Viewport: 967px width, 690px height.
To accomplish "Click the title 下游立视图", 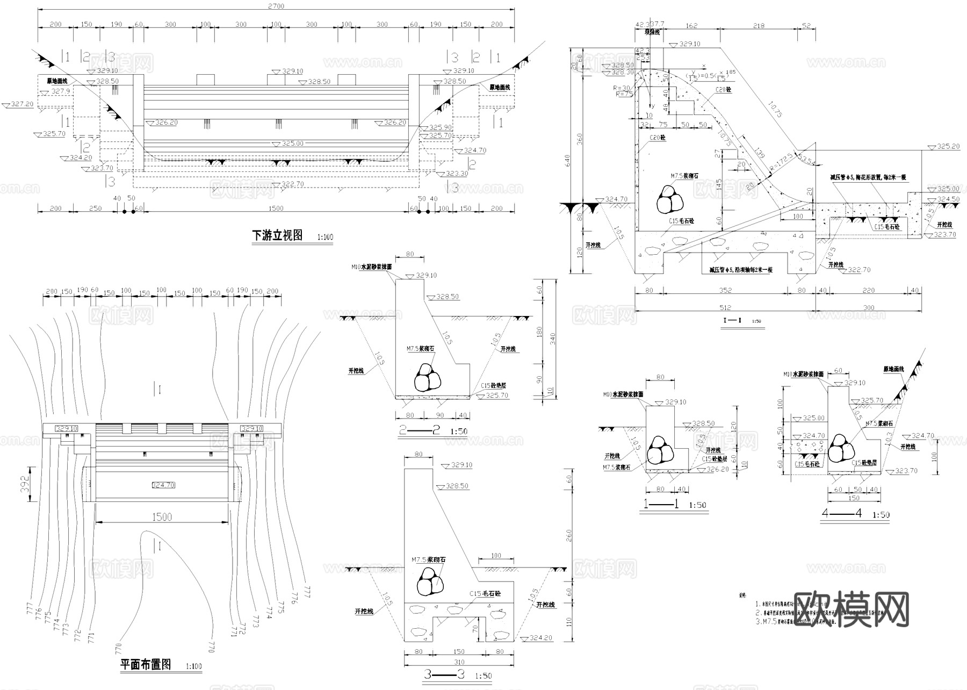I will click(277, 235).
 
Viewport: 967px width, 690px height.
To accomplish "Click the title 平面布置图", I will click(146, 665).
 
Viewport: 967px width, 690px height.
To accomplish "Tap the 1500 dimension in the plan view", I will click(161, 517).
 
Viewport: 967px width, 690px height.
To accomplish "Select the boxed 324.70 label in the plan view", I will click(163, 485).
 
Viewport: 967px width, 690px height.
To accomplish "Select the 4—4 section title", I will click(842, 513).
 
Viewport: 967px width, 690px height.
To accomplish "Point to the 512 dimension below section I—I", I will click(725, 308).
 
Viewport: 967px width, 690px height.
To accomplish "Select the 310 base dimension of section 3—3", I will click(458, 662).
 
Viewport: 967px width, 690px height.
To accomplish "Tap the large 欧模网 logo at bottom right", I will click(850, 609).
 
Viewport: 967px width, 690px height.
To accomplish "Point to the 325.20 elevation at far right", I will click(948, 146).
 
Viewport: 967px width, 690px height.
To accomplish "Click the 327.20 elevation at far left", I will click(22, 104).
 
